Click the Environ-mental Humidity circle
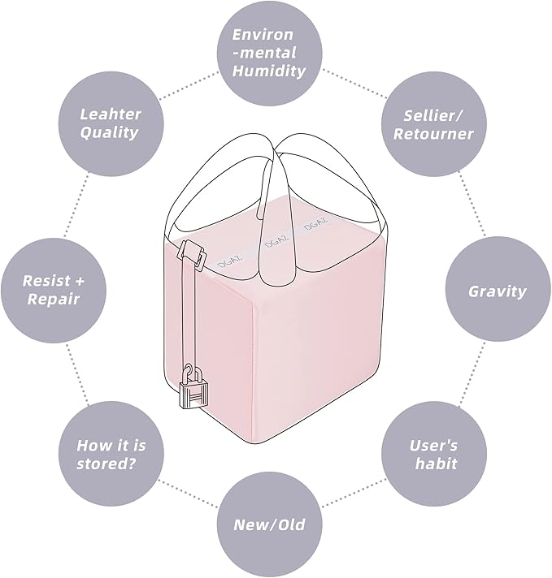(270, 53)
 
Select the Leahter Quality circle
(111, 123)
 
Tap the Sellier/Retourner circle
(434, 124)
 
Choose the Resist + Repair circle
(54, 290)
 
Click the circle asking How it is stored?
(111, 454)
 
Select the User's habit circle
(434, 454)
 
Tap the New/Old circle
(270, 525)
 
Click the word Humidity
(269, 71)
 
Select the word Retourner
(433, 133)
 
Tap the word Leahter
(111, 114)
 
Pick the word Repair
(54, 299)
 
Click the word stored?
(106, 463)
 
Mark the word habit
(436, 464)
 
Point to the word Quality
(109, 132)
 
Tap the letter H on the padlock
(193, 399)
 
